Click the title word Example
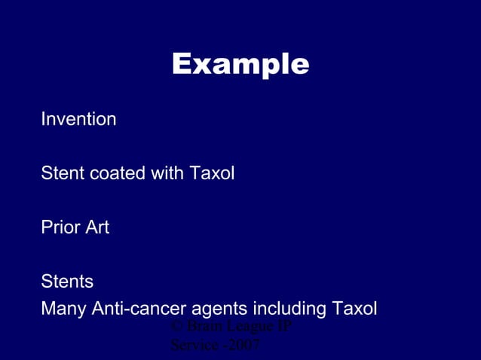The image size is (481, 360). click(240, 65)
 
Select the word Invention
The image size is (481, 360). click(78, 119)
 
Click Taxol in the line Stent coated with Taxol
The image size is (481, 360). click(212, 173)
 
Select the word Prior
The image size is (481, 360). click(59, 227)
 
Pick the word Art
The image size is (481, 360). click(97, 227)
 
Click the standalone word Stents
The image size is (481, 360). click(67, 282)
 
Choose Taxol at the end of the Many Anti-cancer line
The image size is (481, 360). click(354, 309)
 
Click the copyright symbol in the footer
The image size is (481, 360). click(177, 327)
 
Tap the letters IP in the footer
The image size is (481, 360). click(284, 327)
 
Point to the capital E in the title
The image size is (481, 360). click(181, 65)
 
